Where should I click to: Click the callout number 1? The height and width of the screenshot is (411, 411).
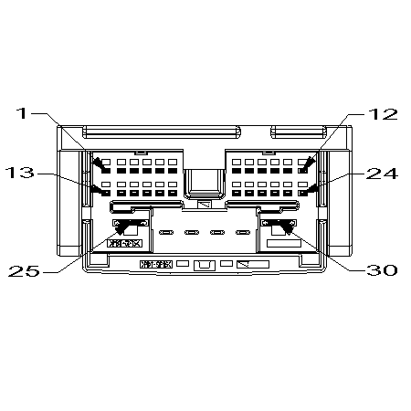tap(22, 113)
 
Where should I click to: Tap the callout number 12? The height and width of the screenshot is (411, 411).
tap(383, 114)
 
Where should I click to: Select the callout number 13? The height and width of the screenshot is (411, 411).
tap(20, 173)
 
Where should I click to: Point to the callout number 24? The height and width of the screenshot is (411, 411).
tap(382, 174)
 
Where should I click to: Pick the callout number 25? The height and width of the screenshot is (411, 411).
tap(24, 270)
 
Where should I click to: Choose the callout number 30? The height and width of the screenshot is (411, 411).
tap(382, 270)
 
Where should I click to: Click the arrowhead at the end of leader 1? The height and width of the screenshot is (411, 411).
tap(106, 169)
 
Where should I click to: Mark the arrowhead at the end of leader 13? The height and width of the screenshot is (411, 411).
tap(106, 192)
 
